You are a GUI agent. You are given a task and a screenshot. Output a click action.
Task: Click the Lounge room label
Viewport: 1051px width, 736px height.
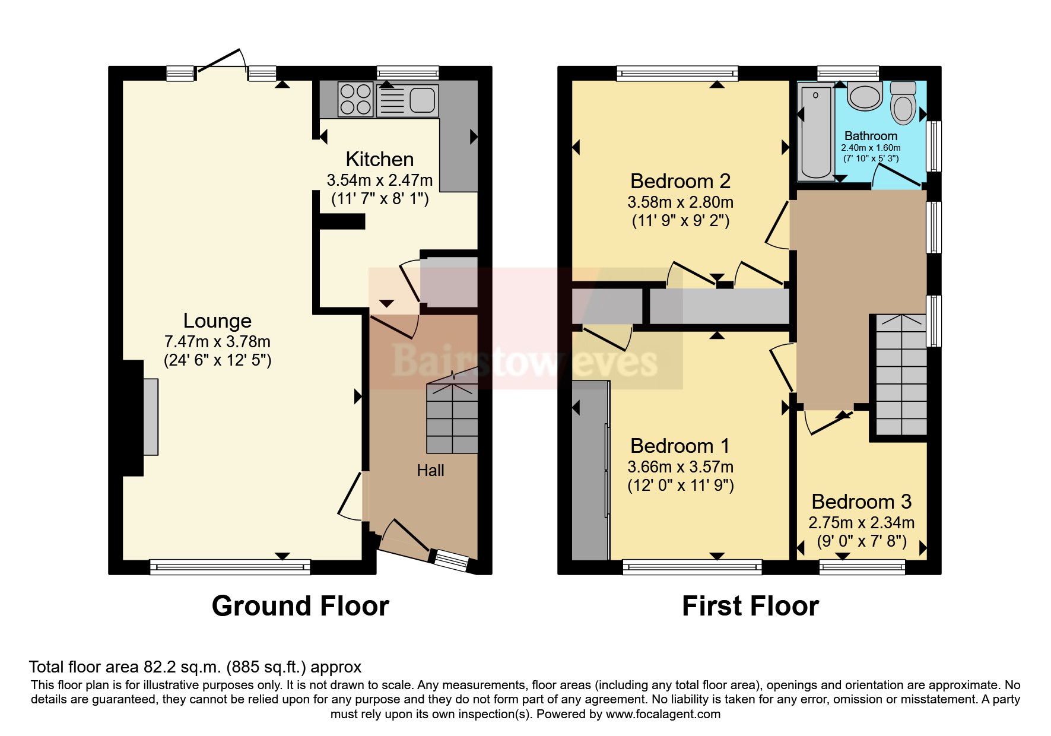217,321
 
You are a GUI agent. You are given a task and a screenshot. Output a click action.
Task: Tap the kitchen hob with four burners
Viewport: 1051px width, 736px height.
355,99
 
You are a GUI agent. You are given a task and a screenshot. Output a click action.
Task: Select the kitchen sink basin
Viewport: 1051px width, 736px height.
422,99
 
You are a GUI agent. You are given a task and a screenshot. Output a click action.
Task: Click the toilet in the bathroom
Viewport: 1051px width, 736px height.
903,104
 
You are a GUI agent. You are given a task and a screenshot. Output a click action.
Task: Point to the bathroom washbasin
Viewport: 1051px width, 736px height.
865,96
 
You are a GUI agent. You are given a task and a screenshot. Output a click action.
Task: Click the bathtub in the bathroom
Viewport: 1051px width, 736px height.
816,132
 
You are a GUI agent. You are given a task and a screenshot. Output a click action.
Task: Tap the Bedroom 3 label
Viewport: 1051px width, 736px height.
861,502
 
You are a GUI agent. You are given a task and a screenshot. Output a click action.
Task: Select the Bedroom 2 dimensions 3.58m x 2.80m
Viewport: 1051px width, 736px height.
680,202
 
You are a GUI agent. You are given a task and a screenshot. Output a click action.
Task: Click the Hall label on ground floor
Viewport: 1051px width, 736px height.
430,471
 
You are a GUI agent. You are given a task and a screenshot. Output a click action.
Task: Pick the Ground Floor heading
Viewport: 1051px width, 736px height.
300,606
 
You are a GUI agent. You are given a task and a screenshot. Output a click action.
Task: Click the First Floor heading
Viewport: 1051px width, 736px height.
750,606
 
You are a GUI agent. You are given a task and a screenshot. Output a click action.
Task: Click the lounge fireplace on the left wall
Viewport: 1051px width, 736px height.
150,417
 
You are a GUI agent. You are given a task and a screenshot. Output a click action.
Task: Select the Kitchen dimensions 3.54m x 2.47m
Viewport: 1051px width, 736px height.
379,180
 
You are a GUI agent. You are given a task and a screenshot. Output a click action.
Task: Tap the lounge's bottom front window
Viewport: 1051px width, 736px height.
230,567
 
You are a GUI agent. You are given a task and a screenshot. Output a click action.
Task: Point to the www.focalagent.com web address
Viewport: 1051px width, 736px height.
663,715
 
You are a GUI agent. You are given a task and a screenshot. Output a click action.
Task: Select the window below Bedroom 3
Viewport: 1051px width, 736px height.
862,567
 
